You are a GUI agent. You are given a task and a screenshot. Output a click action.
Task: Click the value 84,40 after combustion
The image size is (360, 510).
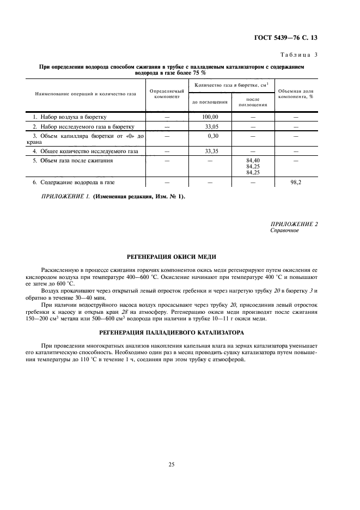252,160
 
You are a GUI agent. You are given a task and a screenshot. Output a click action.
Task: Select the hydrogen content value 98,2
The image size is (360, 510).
296,183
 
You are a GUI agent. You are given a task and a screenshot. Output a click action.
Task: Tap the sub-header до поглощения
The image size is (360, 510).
210,102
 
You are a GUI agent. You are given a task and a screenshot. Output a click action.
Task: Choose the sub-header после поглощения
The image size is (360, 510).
253,102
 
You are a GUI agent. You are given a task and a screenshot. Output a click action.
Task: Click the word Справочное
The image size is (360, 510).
285,230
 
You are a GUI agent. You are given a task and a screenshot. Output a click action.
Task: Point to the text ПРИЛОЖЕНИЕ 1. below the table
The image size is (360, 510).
64,197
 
